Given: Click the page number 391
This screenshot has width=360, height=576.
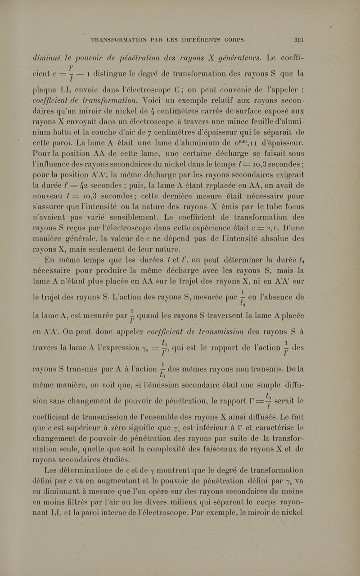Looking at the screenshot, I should coord(298,40).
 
